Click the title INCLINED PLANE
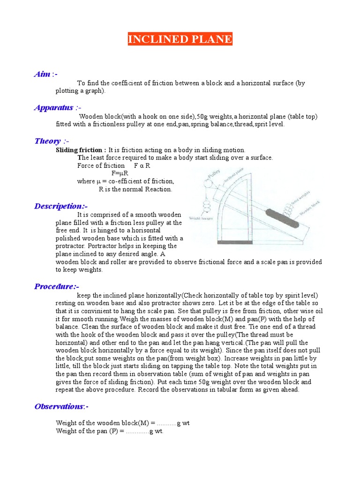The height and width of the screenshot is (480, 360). pyautogui.click(x=180, y=39)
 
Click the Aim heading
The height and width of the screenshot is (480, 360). pyautogui.click(x=45, y=74)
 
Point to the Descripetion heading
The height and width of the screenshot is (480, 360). pyautogui.click(x=61, y=206)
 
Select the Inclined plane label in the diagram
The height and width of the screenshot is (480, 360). pyautogui.click(x=235, y=179)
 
